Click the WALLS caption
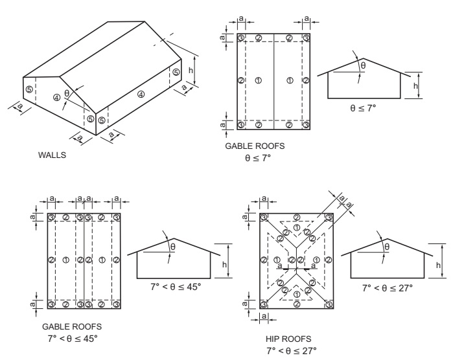pos(54,155)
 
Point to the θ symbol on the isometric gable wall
pos(67,93)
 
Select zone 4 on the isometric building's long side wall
pos(141,95)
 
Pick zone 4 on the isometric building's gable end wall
pos(57,98)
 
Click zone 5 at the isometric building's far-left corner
pos(29,89)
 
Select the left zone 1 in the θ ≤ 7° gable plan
pos(259,80)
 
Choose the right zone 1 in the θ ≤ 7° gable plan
pos(290,80)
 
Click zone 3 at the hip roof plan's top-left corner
pos(263,217)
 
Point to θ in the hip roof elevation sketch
pos(387,246)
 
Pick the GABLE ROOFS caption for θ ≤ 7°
pos(255,148)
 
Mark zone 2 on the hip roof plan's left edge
pos(263,260)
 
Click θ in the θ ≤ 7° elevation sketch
pos(363,65)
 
